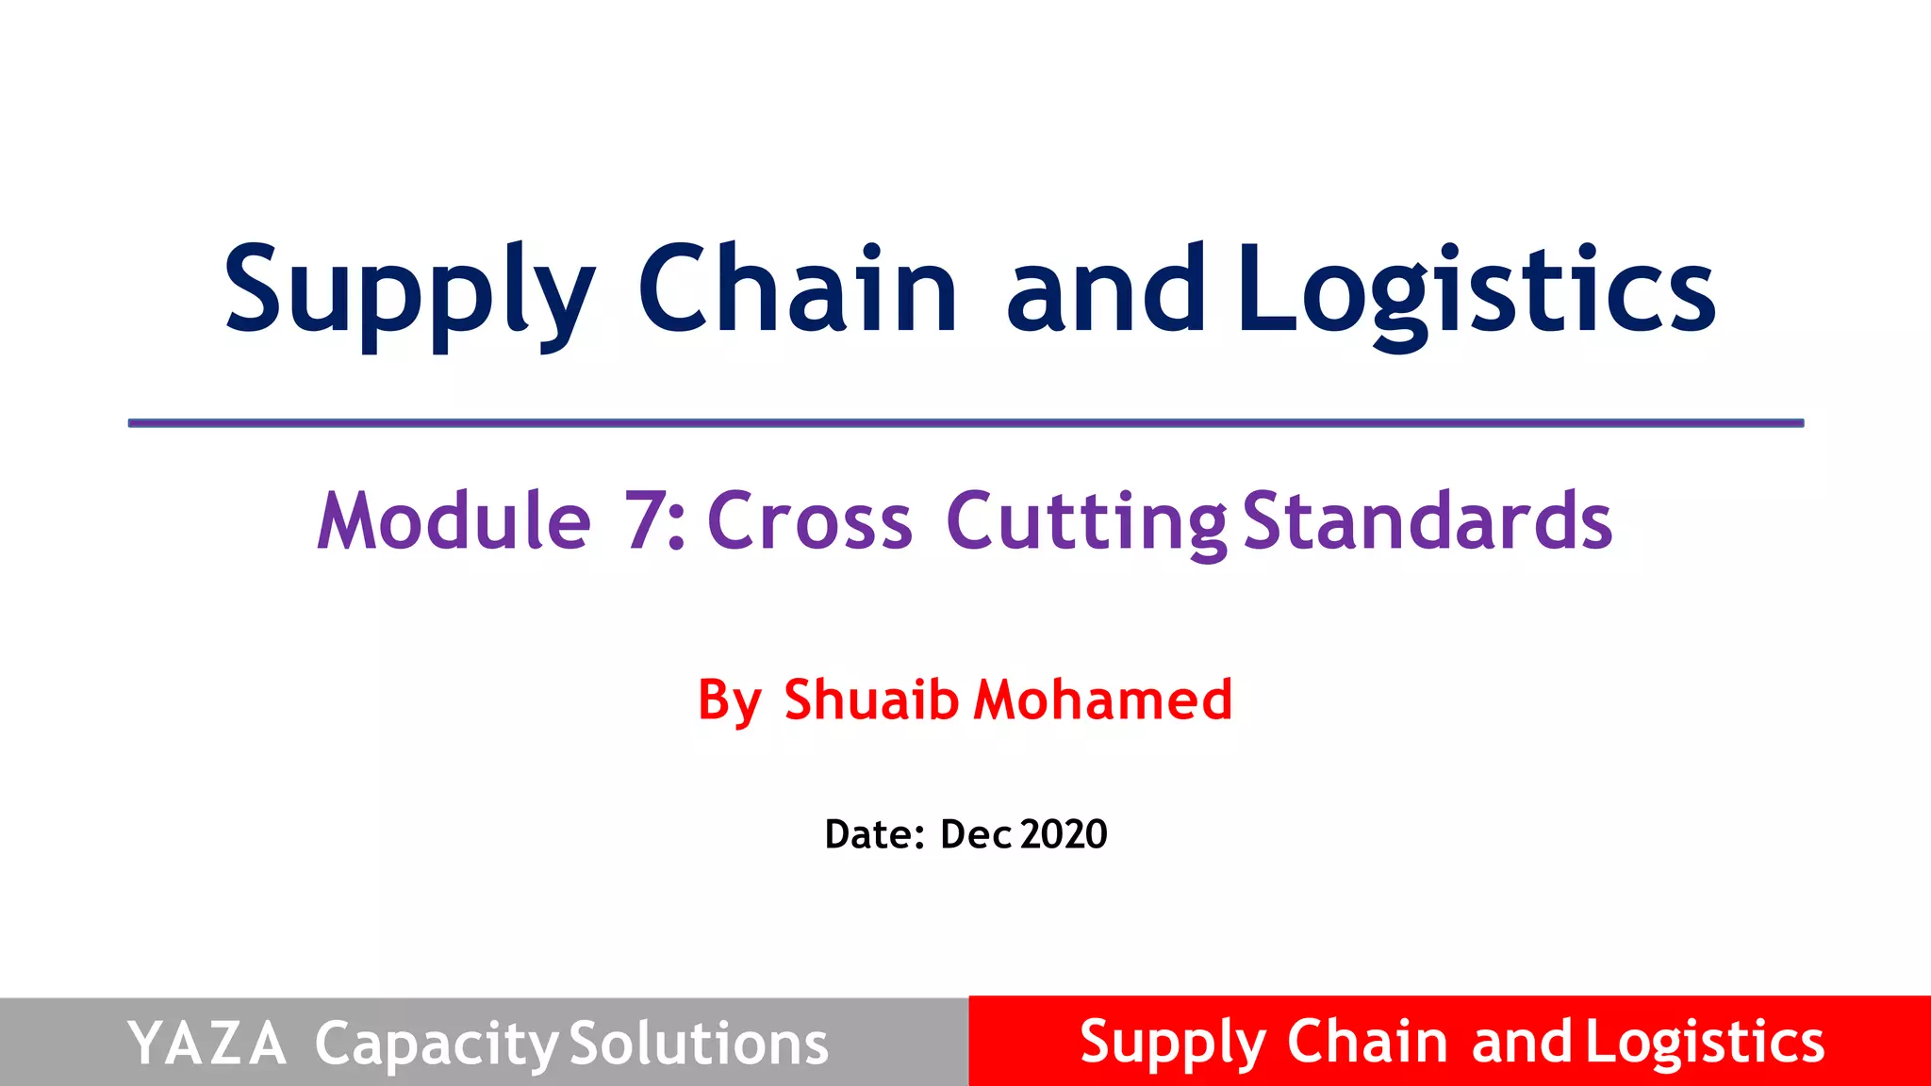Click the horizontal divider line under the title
(965, 423)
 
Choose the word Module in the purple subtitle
(454, 520)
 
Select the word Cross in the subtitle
(810, 520)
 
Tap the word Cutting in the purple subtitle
(1086, 522)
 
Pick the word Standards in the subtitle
(1428, 520)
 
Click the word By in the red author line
(729, 701)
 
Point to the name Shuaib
(871, 699)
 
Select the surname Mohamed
(1103, 699)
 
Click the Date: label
(874, 834)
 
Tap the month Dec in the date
(976, 834)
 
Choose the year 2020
(1064, 834)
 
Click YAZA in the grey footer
(206, 1044)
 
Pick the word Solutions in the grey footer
(699, 1044)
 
